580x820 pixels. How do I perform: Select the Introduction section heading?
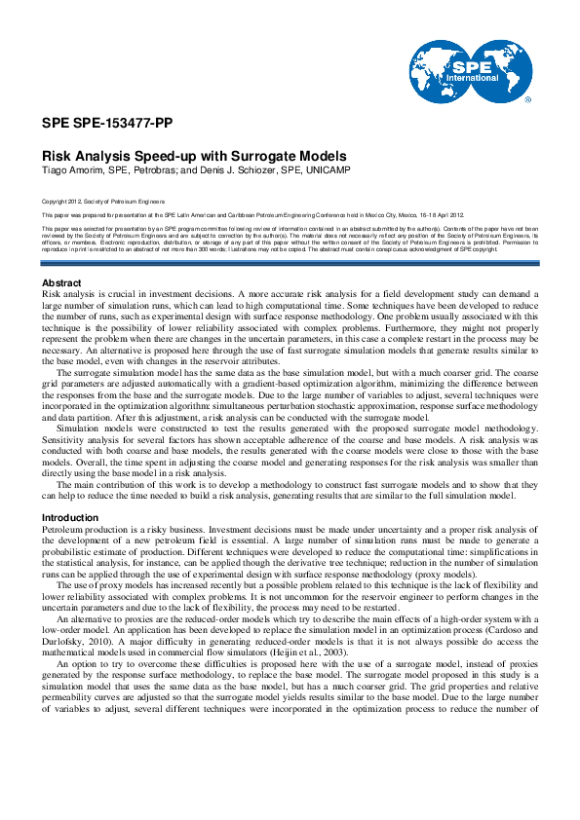click(71, 517)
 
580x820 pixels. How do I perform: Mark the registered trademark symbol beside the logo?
click(527, 99)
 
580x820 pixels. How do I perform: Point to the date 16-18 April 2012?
click(438, 214)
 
